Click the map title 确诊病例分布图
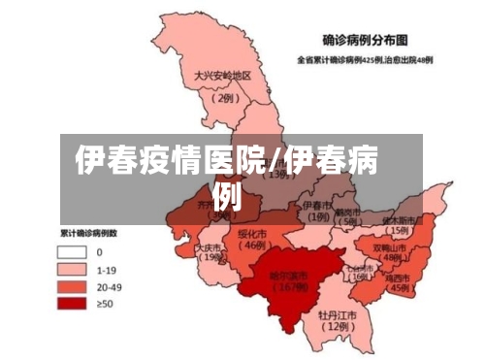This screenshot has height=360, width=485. pos(367,41)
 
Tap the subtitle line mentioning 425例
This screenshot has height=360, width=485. pos(366,60)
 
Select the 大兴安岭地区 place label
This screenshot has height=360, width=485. pos(222,77)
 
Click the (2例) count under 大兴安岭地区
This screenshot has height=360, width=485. pos(225,97)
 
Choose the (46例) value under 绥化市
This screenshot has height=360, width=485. pos(255,246)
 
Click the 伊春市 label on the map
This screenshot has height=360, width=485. pos(317,206)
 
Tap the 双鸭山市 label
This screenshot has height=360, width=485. pos(394,246)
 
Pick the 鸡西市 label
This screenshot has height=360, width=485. pos(399,276)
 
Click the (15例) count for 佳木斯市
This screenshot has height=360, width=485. pos(398,232)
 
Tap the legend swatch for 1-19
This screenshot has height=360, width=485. pos(73,268)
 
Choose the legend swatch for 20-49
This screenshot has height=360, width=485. pos(73,286)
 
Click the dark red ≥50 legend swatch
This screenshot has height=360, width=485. pos(73,305)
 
